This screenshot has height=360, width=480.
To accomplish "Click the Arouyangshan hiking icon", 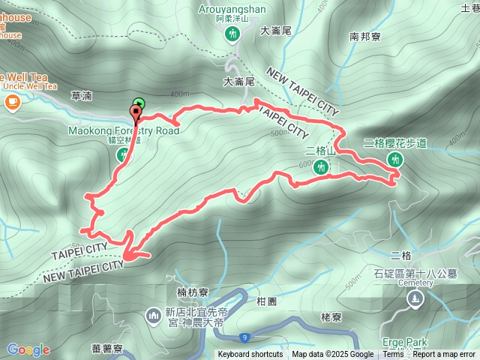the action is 232,33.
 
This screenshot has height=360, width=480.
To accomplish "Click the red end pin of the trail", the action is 136,114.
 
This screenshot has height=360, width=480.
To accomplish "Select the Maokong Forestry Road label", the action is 124,130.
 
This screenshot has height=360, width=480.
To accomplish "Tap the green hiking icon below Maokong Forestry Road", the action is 122,154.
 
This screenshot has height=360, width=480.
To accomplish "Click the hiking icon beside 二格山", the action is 321,168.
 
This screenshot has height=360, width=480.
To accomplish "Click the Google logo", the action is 28,349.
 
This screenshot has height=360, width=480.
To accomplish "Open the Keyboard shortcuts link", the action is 250,355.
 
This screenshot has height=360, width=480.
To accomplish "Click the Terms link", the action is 393,355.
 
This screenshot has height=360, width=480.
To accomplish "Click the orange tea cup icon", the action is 11,100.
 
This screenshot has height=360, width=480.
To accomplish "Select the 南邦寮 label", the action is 366,35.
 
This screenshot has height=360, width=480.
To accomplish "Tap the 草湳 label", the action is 81,96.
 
